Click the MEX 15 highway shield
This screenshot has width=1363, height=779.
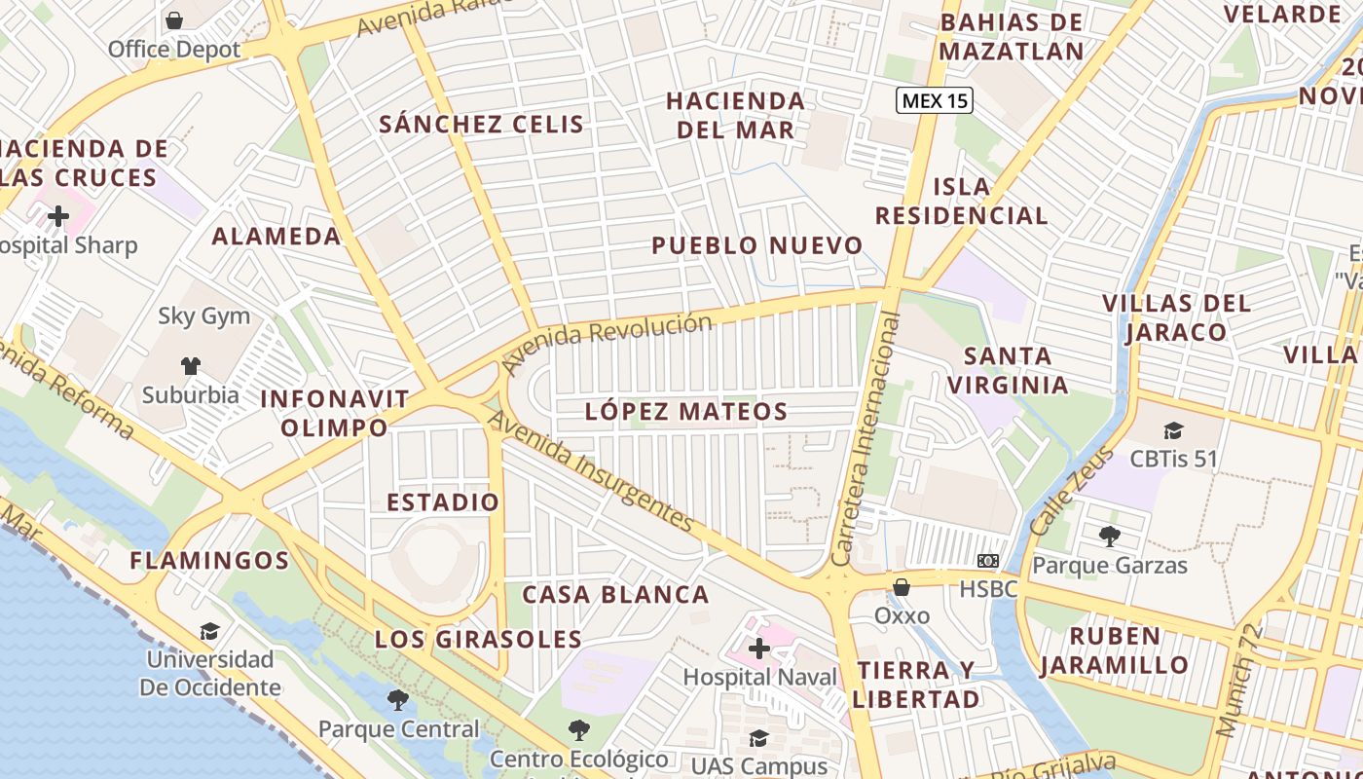[935, 99]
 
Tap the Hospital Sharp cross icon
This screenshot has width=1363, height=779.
[58, 215]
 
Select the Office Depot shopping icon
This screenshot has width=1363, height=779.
[174, 19]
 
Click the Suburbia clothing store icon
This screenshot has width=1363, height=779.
[190, 366]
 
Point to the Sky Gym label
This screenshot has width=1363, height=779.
[204, 316]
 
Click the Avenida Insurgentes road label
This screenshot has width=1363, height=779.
[591, 471]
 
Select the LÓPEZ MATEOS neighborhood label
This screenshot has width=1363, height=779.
[686, 411]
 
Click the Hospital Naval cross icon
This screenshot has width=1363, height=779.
[759, 649]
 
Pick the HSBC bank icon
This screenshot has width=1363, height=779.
[988, 561]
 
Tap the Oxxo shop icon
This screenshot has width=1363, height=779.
[902, 587]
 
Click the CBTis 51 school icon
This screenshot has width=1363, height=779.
[1173, 430]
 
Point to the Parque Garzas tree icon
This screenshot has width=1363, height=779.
[1109, 536]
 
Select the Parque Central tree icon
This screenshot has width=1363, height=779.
[397, 699]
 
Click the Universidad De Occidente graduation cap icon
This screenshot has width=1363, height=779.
[209, 631]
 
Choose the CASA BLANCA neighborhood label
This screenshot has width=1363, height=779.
[615, 594]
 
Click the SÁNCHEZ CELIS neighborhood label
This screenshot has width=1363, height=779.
[482, 124]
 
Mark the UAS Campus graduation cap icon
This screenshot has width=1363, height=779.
[759, 739]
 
